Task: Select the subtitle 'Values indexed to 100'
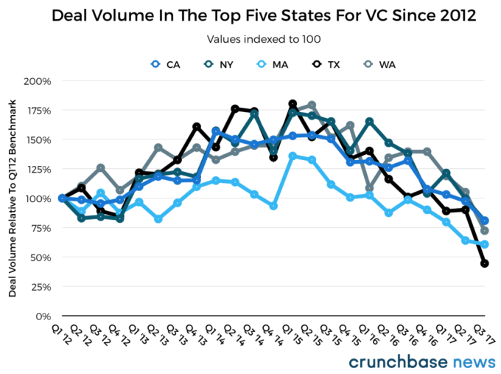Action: (251, 40)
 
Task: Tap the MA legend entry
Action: (273, 65)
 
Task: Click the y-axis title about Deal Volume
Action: (14, 199)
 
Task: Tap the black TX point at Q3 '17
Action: (485, 263)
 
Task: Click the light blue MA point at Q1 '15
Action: (292, 156)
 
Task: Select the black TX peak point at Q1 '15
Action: (292, 103)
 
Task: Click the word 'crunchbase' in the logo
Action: (395, 361)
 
